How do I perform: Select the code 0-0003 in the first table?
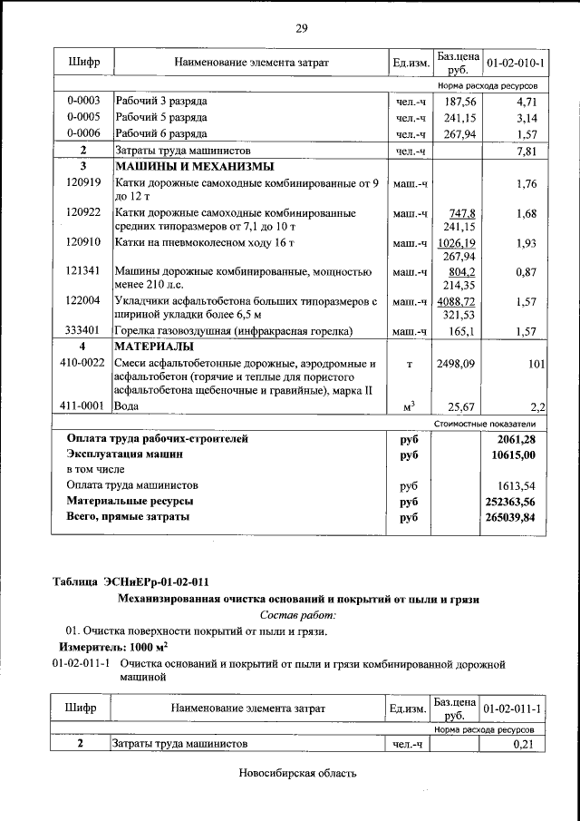pos(83,102)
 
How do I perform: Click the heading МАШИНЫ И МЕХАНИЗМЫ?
pos(193,167)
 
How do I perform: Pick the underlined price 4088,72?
pos(456,301)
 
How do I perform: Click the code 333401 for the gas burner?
pos(83,331)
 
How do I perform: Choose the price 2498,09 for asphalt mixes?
pos(456,365)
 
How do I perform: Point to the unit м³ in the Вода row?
pos(409,406)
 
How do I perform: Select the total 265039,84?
pos(511,517)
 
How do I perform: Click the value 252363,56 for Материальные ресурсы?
pos(511,501)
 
